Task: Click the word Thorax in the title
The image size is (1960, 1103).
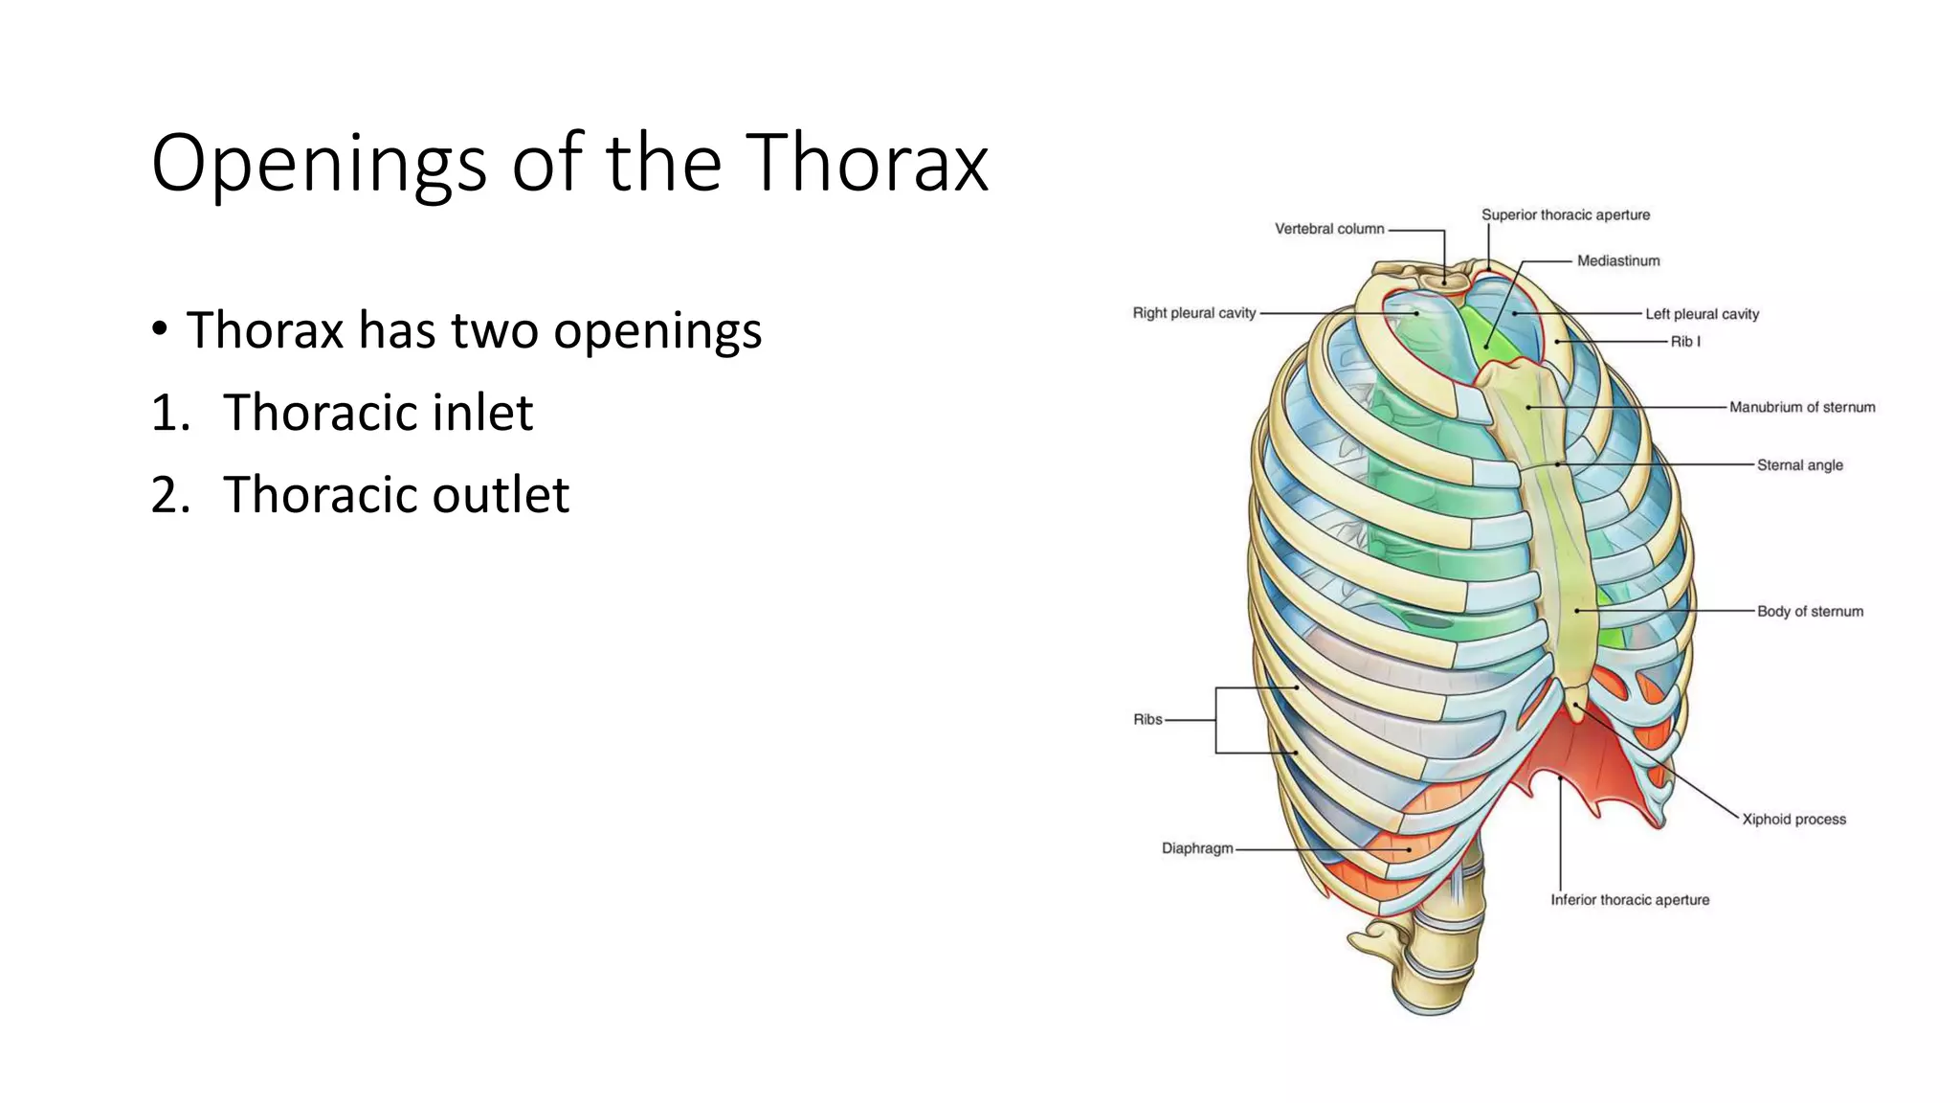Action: (x=866, y=163)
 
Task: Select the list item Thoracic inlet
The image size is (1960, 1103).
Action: (x=377, y=413)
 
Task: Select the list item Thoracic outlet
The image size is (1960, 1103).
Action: (x=395, y=495)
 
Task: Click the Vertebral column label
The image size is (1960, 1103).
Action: (x=1328, y=229)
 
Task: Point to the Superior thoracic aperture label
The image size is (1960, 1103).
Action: (x=1565, y=214)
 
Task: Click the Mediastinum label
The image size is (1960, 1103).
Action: (x=1617, y=260)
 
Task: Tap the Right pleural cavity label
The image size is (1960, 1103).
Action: (x=1193, y=313)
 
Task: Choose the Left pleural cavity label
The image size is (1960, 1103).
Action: (x=1702, y=314)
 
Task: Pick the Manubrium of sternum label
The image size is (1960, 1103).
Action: (x=1801, y=407)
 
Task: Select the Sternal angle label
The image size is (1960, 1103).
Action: (x=1799, y=465)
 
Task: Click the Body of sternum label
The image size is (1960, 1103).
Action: (x=1809, y=611)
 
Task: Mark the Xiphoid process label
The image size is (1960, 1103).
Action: (x=1793, y=820)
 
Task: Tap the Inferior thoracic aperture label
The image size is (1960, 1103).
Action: (x=1629, y=900)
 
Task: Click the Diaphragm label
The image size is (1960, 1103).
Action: (x=1196, y=848)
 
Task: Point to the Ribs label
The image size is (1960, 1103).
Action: (x=1147, y=719)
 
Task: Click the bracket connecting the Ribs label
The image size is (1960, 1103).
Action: (x=1216, y=720)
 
